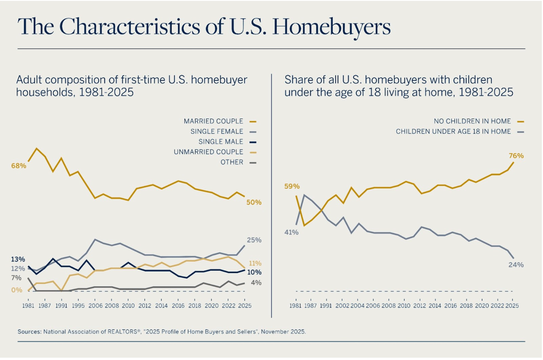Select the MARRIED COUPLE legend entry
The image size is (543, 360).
pos(213,121)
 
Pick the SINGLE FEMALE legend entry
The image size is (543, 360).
pos(217,132)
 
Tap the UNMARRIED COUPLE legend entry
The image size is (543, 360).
pos(208,152)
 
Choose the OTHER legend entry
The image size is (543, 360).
pos(232,162)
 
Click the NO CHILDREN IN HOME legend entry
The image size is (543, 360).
pos(472,121)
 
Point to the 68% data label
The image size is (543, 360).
pos(19,166)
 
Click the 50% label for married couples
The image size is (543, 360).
pos(254,202)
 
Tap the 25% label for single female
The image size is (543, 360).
pos(254,240)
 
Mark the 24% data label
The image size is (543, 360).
pos(516,265)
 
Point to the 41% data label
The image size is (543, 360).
pos(291,232)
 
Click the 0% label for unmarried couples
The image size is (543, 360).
pos(16,290)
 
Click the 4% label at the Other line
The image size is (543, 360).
pos(256,283)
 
